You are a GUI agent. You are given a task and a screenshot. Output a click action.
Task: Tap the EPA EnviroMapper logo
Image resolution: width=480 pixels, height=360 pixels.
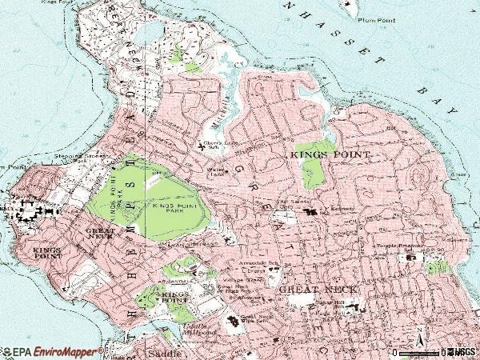(52, 352)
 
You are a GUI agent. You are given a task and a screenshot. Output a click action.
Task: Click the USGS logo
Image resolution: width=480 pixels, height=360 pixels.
(462, 352)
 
